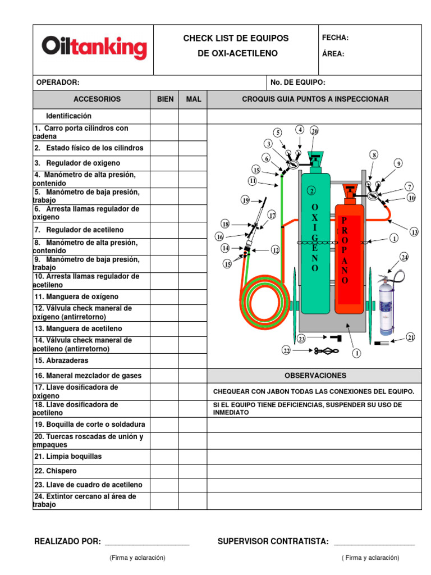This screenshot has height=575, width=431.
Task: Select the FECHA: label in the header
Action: click(335, 38)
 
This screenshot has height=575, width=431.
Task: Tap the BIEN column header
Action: click(164, 99)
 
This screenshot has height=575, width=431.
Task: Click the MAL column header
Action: click(193, 99)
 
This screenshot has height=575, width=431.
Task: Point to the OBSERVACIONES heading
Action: click(315, 376)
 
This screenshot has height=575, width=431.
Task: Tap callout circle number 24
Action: click(404, 257)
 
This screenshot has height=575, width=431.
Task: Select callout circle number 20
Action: click(314, 131)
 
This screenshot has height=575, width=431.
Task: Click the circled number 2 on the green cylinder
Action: click(310, 191)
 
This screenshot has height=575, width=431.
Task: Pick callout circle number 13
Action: click(414, 232)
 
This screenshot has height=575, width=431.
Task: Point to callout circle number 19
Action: click(245, 200)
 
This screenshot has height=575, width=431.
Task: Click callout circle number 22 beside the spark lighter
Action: click(286, 350)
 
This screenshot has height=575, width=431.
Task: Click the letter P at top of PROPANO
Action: click(345, 220)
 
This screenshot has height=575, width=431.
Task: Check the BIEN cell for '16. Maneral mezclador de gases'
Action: click(164, 376)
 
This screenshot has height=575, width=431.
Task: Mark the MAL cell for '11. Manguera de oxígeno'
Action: click(193, 296)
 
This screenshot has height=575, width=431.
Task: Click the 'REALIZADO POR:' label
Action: click(68, 542)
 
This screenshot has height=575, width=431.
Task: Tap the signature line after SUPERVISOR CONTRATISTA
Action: click(374, 544)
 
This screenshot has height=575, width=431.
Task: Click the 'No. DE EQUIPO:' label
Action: click(297, 83)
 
